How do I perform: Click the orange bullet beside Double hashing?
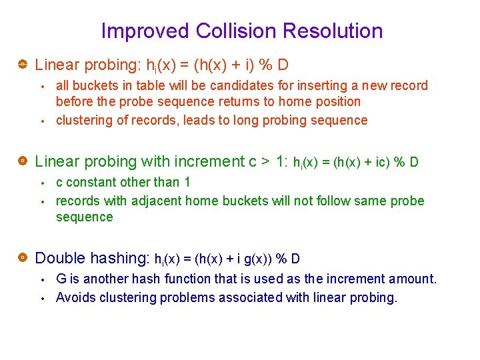click(22, 257)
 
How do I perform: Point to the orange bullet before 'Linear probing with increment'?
click(22, 161)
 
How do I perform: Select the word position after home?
click(337, 101)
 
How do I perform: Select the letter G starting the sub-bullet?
click(61, 279)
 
